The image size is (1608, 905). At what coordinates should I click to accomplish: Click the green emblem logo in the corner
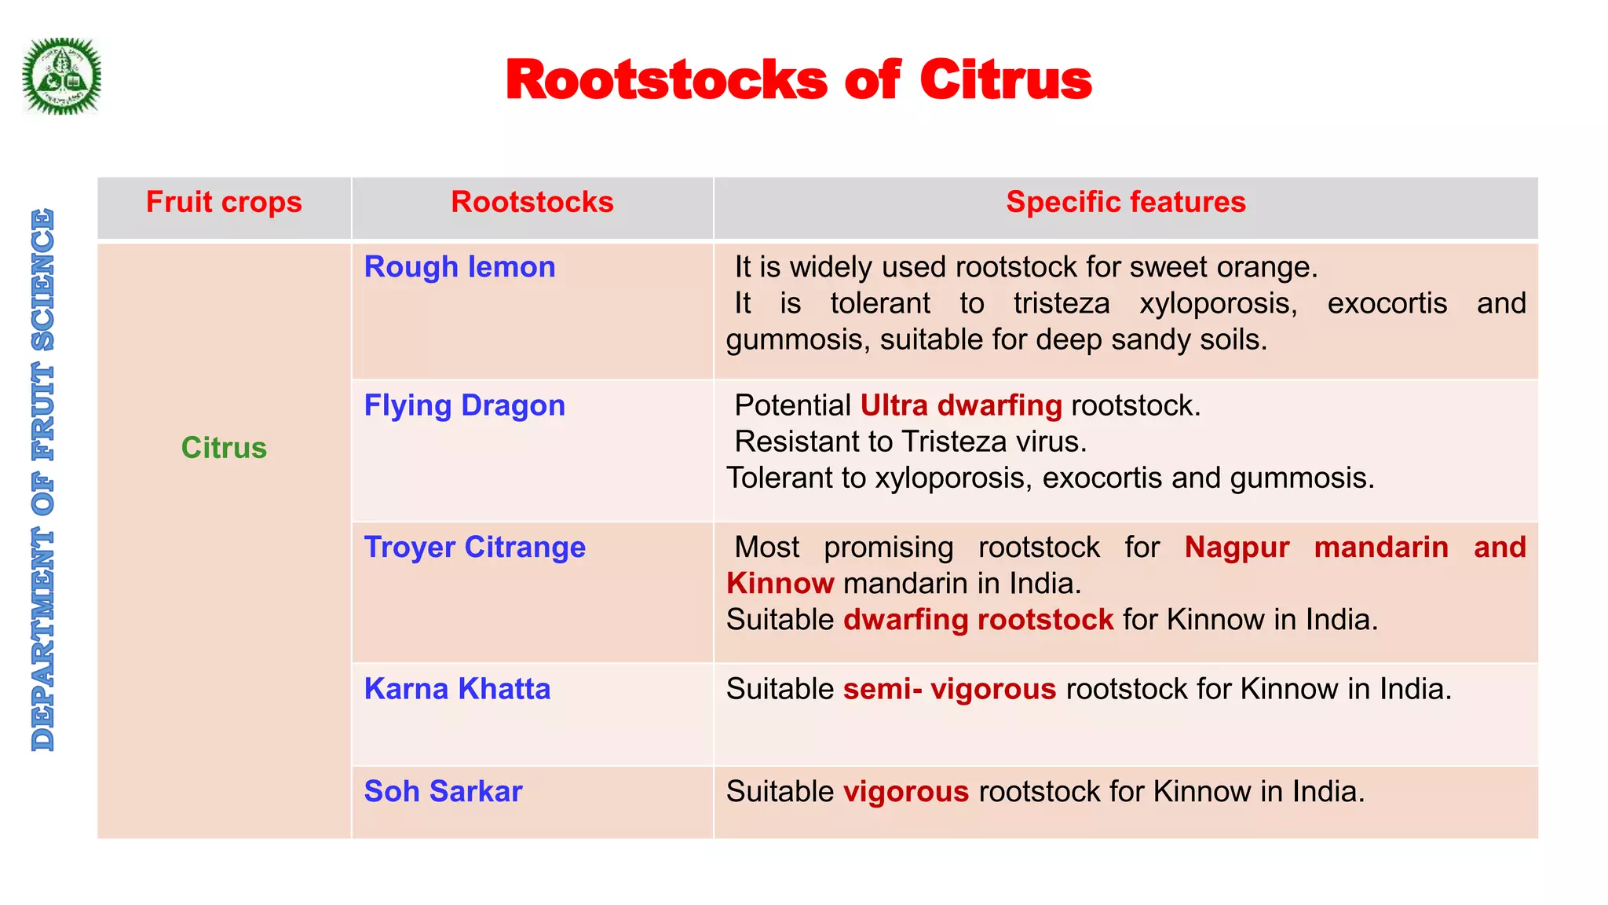pos(61,76)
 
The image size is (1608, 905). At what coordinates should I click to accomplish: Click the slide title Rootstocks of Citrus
pos(799,80)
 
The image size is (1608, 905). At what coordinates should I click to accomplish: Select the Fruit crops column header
pos(224,203)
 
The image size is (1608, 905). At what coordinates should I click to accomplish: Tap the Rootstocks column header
pos(532,203)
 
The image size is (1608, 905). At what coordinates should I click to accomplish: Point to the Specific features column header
pos(1125,203)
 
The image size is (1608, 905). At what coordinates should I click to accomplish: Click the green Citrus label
pos(224,448)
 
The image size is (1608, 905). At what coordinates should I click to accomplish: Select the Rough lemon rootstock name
pos(459,267)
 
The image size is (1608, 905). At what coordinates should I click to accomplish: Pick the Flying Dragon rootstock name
pos(464,405)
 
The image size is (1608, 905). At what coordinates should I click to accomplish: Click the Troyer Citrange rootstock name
pos(474,547)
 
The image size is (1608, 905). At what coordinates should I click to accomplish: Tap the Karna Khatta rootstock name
pos(457,689)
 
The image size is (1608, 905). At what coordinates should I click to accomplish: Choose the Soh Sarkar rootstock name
pos(443,791)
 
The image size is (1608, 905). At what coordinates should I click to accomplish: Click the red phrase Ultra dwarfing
pos(960,405)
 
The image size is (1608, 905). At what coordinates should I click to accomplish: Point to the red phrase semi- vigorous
pos(949,689)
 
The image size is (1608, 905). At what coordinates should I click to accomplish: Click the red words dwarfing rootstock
pos(978,620)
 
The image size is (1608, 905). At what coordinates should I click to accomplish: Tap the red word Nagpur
pos(1237,547)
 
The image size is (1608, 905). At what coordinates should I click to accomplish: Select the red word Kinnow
pos(780,584)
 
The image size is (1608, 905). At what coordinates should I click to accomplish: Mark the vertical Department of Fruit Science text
pos(43,479)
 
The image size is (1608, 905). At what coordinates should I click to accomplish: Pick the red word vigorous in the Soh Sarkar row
pos(906,791)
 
